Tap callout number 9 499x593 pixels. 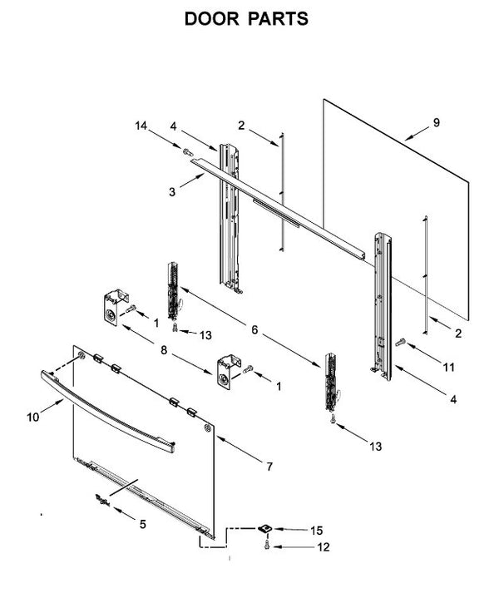pos(436,123)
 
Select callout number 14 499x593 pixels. pos(141,126)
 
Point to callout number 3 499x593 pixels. pos(171,191)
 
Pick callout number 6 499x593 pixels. pos(254,329)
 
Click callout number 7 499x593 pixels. pos(269,467)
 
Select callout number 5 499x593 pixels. pos(142,525)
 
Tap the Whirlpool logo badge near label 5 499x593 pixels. pos(101,500)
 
